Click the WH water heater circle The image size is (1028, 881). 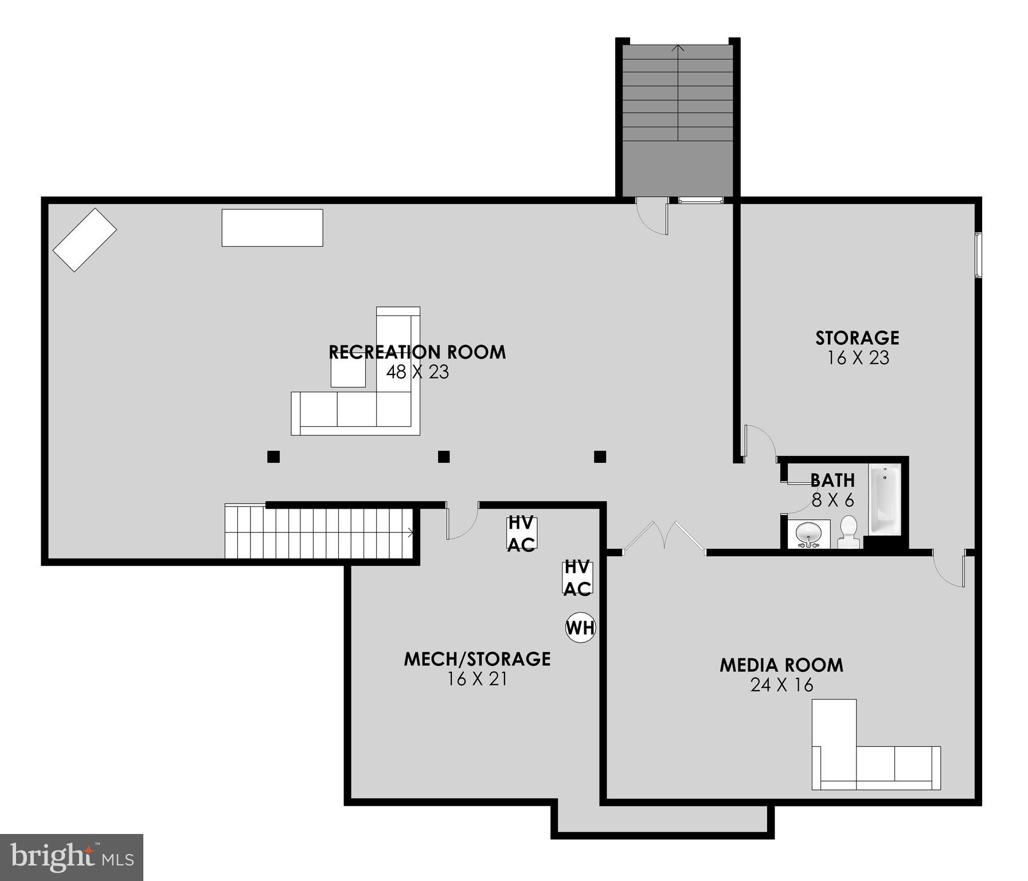[x=580, y=627]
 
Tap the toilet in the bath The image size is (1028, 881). [x=848, y=532]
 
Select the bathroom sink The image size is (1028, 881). [x=808, y=534]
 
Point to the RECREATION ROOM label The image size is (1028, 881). [x=417, y=352]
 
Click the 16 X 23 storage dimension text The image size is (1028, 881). [x=858, y=358]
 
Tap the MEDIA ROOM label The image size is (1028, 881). [x=781, y=665]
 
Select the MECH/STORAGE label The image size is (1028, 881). [x=477, y=659]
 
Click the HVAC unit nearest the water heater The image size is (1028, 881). [x=577, y=578]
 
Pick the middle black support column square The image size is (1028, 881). [x=444, y=457]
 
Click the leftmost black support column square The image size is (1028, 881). [x=273, y=457]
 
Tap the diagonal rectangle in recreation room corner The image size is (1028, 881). [x=85, y=240]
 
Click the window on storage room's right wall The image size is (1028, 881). [x=979, y=255]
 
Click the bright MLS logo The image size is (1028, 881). [x=71, y=857]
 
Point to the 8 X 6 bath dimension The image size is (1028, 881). [x=832, y=501]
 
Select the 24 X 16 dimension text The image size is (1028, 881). [x=781, y=685]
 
